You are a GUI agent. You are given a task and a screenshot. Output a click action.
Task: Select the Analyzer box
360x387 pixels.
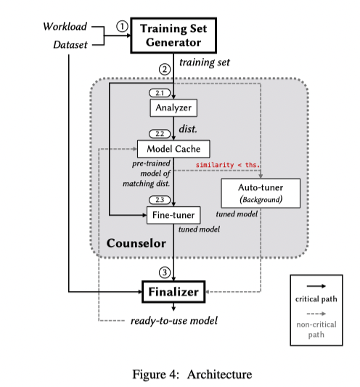[x=174, y=108]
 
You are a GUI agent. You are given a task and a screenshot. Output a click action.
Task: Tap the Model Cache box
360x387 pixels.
[x=174, y=148]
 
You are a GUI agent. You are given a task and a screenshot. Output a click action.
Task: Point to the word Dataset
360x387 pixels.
[x=70, y=46]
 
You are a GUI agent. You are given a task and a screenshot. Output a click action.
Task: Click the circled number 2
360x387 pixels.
[x=165, y=69]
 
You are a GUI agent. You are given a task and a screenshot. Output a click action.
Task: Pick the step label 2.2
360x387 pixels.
[x=158, y=134]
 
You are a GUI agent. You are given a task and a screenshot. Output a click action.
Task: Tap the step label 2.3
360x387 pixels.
[x=158, y=200]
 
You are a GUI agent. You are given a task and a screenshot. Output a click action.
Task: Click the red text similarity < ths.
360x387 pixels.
[x=228, y=165]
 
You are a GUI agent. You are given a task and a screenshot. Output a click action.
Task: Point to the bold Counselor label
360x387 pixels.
[x=136, y=242]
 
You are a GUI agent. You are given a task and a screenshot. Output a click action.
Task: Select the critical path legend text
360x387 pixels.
[x=316, y=299]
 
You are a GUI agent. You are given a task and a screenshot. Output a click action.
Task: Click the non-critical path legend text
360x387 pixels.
[x=316, y=330]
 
